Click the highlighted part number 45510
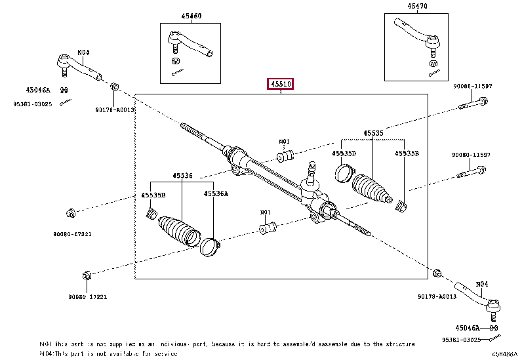(279, 85)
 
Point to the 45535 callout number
(374, 132)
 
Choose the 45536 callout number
(183, 175)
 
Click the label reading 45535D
(344, 153)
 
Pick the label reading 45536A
(215, 193)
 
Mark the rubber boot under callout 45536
(178, 230)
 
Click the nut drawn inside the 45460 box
(176, 60)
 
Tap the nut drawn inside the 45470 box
(433, 63)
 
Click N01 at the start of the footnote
(45, 343)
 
